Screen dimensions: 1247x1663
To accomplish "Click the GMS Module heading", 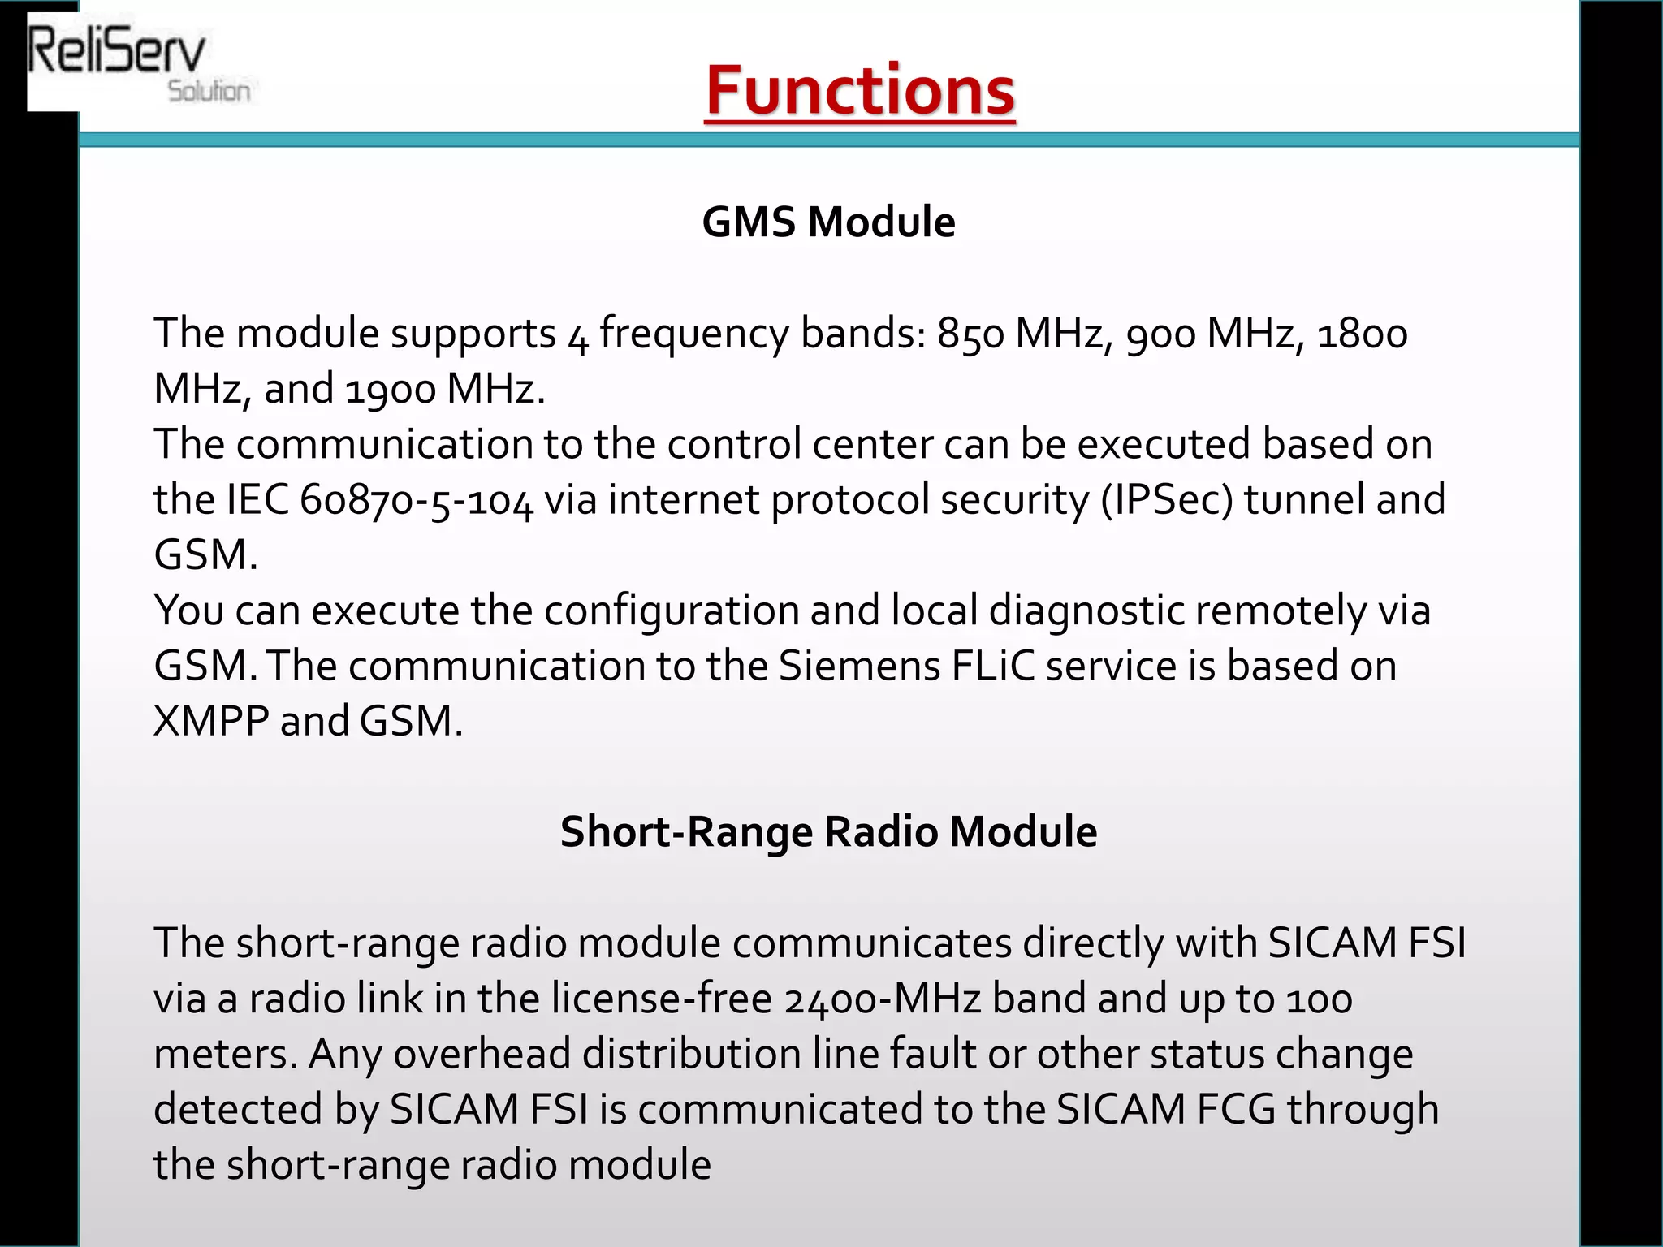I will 828,222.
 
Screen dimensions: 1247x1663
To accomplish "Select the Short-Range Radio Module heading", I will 828,831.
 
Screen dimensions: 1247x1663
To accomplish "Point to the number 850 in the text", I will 970,334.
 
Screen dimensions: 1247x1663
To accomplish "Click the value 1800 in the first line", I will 1362,334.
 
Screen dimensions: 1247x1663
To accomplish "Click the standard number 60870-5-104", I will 416,500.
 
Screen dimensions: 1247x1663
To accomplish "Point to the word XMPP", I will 211,721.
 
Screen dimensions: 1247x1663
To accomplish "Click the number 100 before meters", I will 1320,999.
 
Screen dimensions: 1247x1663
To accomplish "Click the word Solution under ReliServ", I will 209,91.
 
